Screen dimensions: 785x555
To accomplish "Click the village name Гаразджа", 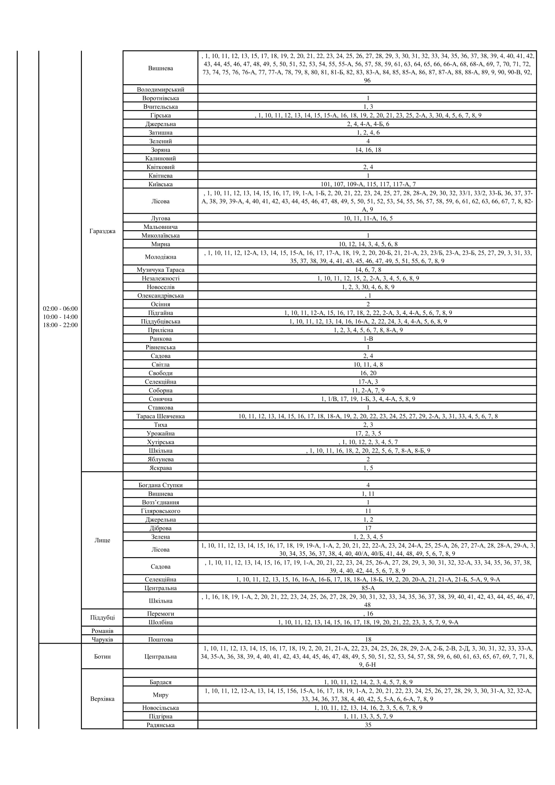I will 102,231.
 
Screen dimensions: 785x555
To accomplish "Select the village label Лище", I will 102,540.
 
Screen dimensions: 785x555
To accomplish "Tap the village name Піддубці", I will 102,618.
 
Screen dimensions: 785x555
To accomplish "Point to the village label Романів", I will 102,631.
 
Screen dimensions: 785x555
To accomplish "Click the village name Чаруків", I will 102,639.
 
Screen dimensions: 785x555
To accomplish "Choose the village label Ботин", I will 102,656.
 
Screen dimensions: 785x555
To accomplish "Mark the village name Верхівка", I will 102,699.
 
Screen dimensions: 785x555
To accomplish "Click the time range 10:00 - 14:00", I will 60,317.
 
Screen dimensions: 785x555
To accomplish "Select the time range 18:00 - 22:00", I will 60,325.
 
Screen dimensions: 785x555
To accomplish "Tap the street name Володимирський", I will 160,90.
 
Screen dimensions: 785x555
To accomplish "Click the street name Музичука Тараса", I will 160,270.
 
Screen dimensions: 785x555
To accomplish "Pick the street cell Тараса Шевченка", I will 160,416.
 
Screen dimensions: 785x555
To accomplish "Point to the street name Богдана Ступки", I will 160,485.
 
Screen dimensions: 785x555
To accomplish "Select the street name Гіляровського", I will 160,511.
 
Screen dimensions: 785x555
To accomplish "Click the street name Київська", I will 160,184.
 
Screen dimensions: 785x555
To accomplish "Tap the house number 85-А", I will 368,588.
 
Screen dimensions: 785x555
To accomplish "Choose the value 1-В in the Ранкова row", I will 368,339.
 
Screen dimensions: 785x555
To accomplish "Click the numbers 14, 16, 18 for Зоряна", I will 368,150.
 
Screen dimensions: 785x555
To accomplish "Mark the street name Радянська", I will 160,725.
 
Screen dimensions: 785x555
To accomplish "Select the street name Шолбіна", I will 160,622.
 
